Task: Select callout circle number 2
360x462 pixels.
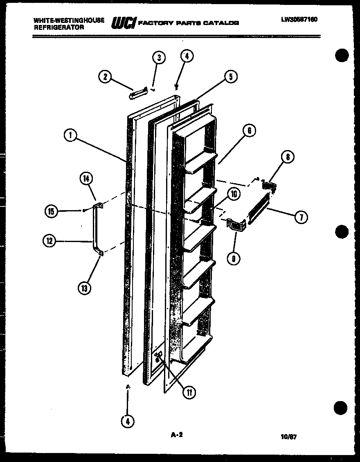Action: coord(105,76)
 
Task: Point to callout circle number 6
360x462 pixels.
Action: coord(249,131)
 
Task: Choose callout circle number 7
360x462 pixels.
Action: coord(301,217)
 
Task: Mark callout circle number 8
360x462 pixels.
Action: coord(288,157)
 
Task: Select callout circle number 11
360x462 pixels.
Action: coord(189,392)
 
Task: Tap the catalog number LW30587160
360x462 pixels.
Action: coord(299,19)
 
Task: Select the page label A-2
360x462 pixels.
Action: coord(176,435)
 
